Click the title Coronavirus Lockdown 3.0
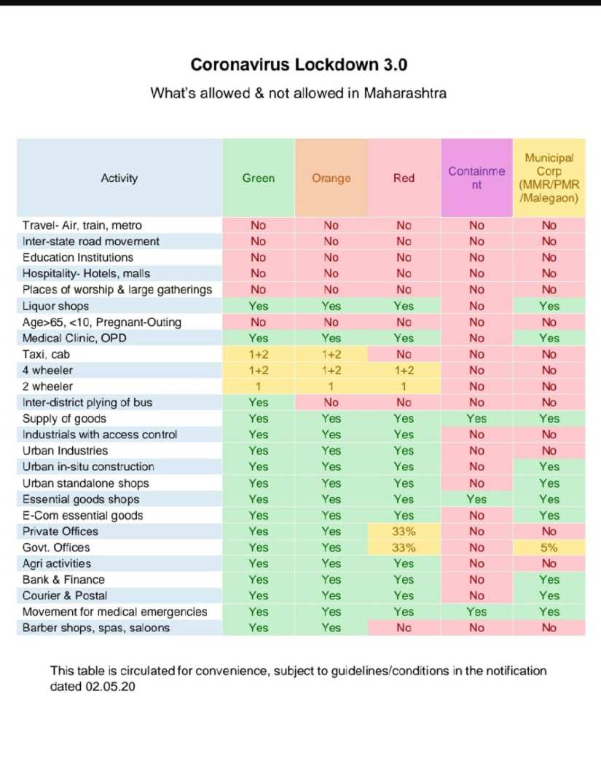coord(299,64)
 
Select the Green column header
coord(259,178)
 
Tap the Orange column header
coord(331,178)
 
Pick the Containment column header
coord(476,178)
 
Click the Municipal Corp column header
coord(549,178)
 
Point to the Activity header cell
coord(119,178)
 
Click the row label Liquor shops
coord(55,306)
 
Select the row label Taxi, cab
coord(47,354)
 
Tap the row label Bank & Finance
coord(63,580)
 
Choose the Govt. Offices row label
coord(56,548)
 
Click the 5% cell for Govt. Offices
coord(549,548)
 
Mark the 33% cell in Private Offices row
coord(404,532)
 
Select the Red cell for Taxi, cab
coord(404,354)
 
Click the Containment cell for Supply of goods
coord(476,419)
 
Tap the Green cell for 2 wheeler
coord(259,387)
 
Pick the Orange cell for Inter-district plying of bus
coord(331,403)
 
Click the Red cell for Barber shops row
coord(404,628)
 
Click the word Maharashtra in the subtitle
coord(405,93)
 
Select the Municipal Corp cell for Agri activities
coord(549,564)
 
